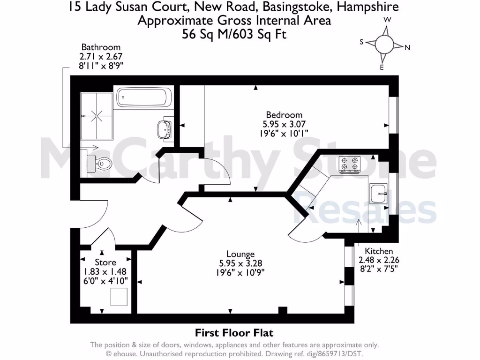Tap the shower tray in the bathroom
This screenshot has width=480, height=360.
pos(97,114)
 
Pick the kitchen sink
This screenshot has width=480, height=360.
pos(378,193)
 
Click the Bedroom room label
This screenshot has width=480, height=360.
pos(284,115)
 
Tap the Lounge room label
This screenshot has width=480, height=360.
pos(240,254)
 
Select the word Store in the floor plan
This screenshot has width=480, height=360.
pos(105,262)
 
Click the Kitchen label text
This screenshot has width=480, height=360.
pos(379,251)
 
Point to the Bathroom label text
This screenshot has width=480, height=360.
pos(101,47)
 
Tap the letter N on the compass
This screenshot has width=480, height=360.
pos(407,47)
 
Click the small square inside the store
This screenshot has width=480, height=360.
pos(119,297)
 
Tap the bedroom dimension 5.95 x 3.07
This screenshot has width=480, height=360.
pos(284,124)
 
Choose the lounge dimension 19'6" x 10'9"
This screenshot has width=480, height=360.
pos(240,272)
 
